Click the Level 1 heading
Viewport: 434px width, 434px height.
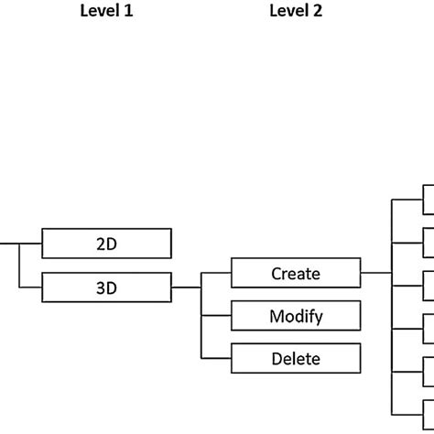pyautogui.click(x=106, y=12)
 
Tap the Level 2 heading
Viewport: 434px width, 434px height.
pyautogui.click(x=296, y=12)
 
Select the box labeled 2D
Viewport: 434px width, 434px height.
pyautogui.click(x=106, y=244)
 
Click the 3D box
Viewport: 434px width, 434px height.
pyautogui.click(x=106, y=288)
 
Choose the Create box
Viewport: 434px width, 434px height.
pyautogui.click(x=295, y=273)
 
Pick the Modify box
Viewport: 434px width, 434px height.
pyautogui.click(x=295, y=316)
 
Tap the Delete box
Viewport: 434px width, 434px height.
pyautogui.click(x=295, y=358)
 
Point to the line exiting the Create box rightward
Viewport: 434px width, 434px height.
pyautogui.click(x=375, y=273)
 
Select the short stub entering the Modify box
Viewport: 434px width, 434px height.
pyautogui.click(x=216, y=316)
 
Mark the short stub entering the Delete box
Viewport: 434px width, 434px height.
pyautogui.click(x=216, y=358)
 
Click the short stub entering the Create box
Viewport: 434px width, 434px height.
pyautogui.click(x=216, y=273)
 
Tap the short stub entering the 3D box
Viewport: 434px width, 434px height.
pyautogui.click(x=31, y=288)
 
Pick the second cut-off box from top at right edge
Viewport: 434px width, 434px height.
pyautogui.click(x=428, y=244)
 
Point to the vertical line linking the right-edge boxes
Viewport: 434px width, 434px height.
pyautogui.click(x=392, y=311)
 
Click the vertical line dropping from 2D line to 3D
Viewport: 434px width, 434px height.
pyautogui.click(x=19, y=266)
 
